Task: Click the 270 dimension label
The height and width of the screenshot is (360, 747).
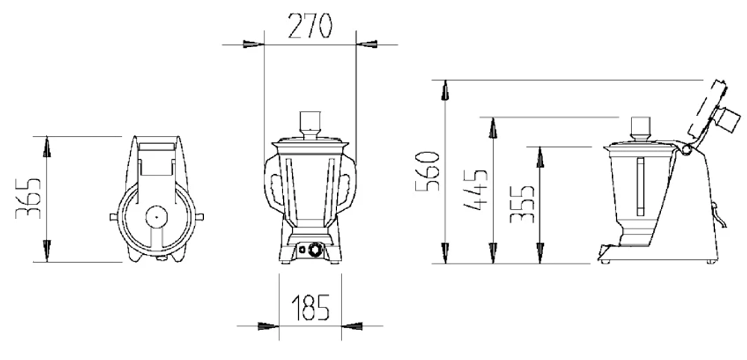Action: tap(310, 26)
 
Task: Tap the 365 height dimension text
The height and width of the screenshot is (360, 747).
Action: tap(28, 199)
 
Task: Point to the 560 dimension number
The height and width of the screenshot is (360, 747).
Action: tap(427, 171)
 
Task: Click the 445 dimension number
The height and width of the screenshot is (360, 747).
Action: tap(475, 189)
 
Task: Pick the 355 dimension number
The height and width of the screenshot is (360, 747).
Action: tap(522, 204)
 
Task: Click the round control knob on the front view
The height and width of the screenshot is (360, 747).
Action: tap(315, 249)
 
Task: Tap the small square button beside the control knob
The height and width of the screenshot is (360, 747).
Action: tap(302, 249)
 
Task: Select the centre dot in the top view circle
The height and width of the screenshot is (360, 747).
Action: tap(155, 217)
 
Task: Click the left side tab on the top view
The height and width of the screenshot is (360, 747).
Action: tap(114, 217)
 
